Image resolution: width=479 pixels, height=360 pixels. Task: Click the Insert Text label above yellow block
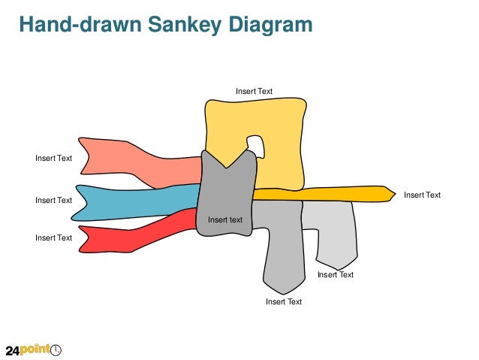point(254,91)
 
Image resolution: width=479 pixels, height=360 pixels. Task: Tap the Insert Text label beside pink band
point(54,158)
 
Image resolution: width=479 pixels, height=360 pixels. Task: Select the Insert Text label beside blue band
point(54,200)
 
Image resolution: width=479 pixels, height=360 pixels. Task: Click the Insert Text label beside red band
point(54,237)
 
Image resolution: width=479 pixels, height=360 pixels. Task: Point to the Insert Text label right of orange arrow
point(422,195)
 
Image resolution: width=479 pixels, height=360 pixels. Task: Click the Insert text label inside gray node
point(225,219)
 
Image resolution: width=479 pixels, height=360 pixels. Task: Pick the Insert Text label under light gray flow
point(335,274)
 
